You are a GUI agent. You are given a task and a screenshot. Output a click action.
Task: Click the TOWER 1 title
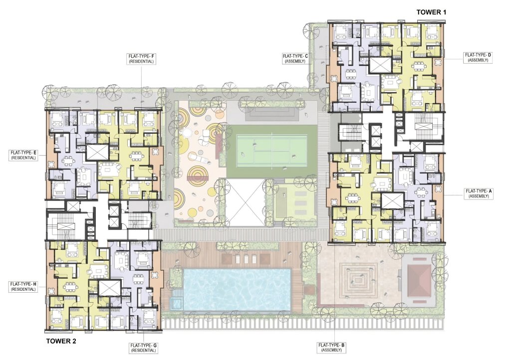pos(431,12)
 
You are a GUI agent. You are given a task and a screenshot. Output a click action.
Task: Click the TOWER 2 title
pos(61,341)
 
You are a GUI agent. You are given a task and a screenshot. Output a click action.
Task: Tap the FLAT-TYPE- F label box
pos(141,59)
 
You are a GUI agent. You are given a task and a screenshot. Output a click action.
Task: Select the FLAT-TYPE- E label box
pos(23,155)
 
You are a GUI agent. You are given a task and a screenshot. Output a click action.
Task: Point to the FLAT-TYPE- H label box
pos(23,286)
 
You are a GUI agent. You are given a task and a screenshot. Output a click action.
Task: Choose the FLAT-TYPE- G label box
pos(143,348)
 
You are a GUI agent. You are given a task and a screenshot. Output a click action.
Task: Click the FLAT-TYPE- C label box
pos(295,59)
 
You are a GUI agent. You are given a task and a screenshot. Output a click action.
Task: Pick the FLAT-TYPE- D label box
pos(478,58)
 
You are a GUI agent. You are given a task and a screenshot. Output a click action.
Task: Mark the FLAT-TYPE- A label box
pos(479,193)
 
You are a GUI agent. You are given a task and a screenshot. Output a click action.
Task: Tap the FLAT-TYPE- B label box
pos(331,348)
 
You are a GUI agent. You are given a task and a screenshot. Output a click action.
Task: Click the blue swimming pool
pos(237,289)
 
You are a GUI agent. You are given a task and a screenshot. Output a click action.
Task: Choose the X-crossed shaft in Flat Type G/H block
pos(110,288)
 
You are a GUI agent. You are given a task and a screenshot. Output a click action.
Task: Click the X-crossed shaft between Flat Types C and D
pos(380,66)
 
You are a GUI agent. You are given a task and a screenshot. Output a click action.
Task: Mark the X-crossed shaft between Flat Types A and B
pos(392,200)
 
